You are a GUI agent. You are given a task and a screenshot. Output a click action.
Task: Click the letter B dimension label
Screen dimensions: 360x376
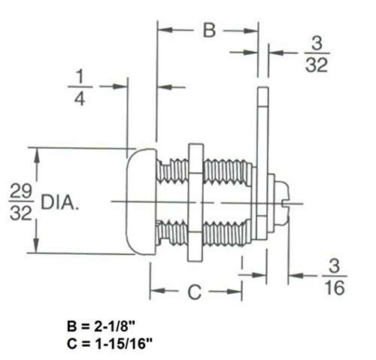pyautogui.click(x=210, y=31)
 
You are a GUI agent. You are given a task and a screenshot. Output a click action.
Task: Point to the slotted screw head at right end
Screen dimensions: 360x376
pyautogui.click(x=284, y=201)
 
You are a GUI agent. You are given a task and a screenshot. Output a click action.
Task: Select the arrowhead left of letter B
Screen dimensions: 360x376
pyautogui.click(x=163, y=31)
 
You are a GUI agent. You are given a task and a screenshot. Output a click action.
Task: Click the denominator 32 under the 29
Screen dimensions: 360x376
pyautogui.click(x=20, y=213)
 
